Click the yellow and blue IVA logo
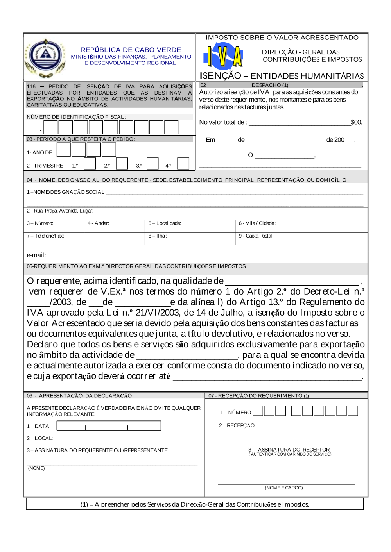[223, 56]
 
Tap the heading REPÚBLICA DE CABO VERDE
[131, 50]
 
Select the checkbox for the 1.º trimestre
[90, 164]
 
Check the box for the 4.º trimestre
[183, 164]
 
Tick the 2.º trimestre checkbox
[122, 164]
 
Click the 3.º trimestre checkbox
[152, 164]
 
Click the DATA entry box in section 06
[109, 425]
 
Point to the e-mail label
[36, 255]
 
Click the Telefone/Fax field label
[45, 236]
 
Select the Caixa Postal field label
[256, 236]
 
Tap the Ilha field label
[158, 236]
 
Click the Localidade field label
[165, 223]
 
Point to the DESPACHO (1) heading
[270, 85]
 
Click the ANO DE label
[39, 153]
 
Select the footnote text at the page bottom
[195, 504]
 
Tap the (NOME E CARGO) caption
[284, 488]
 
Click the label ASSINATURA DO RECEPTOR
[289, 450]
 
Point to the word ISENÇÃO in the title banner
[221, 76]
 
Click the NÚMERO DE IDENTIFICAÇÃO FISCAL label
[76, 117]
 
